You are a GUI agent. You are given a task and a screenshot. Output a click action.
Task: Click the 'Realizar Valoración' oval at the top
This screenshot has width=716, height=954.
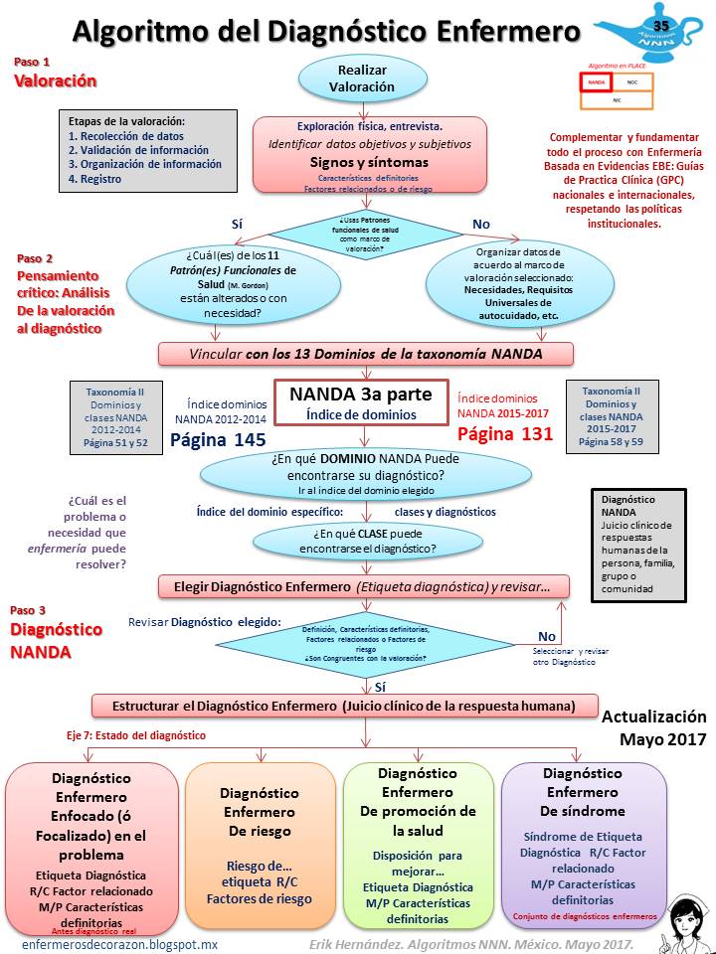coord(361,79)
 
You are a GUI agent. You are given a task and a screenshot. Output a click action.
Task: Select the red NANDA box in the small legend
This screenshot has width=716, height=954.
coord(596,81)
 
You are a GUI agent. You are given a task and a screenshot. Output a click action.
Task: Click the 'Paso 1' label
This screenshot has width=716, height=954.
coord(31,62)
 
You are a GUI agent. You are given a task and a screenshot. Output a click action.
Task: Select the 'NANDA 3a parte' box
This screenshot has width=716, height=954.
coord(360,402)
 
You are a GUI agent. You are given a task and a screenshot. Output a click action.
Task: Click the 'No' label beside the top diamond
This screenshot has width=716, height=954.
coord(481,224)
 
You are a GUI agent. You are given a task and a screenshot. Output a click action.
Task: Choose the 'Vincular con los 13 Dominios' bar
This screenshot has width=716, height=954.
coord(364,354)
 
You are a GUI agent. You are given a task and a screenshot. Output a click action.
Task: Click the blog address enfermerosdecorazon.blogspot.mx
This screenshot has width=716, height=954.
coord(118,943)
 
